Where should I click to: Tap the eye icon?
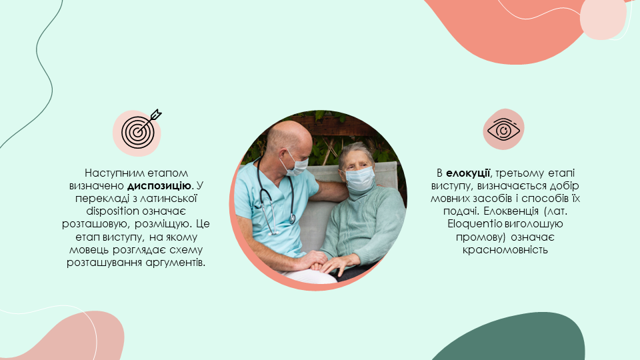tap(504, 130)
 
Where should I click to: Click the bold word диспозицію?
tap(159, 186)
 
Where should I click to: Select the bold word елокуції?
tap(468, 173)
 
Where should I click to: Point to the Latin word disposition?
tap(113, 211)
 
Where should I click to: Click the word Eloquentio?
tap(475, 224)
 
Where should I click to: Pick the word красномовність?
tap(505, 250)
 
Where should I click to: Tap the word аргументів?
tap(175, 263)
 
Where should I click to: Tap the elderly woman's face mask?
tap(360, 179)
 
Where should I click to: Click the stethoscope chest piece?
tap(292, 219)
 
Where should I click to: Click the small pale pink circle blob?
tap(603, 19)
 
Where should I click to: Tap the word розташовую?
tap(96, 224)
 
